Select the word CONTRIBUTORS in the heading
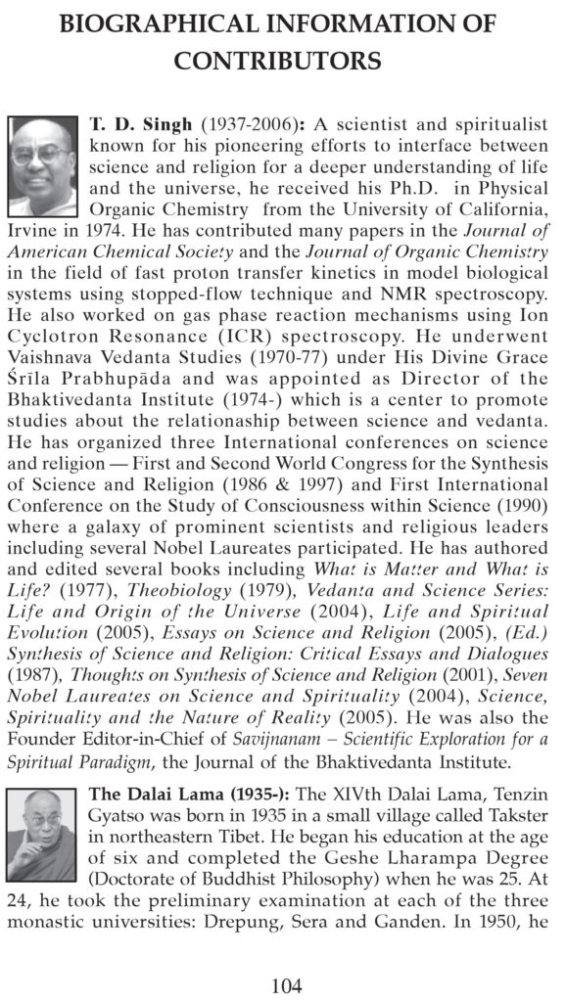click(x=277, y=61)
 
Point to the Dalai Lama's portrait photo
click(x=43, y=849)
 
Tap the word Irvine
click(x=34, y=231)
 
